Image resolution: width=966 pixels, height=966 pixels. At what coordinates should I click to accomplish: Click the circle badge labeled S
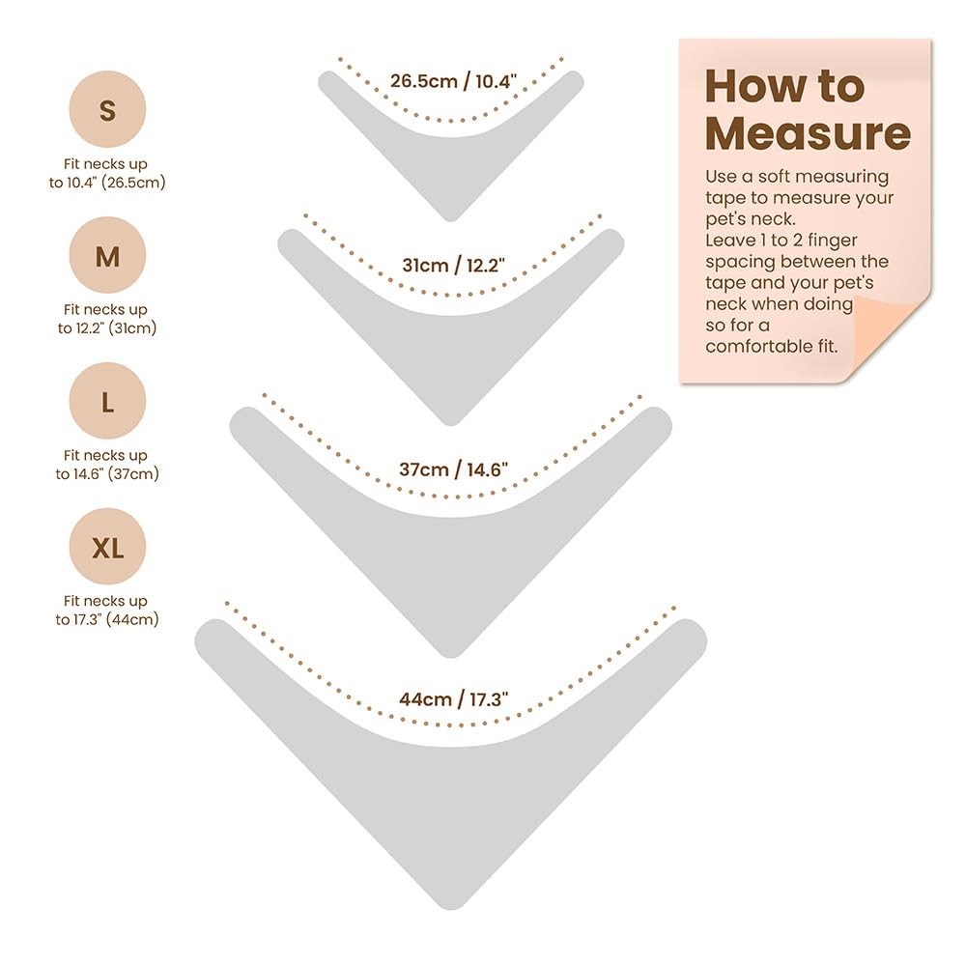point(107,109)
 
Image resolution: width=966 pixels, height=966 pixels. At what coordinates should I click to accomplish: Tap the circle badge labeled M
point(107,254)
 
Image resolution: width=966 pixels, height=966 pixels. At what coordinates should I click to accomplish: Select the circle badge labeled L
point(107,401)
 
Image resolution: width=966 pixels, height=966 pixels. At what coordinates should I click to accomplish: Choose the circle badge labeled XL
point(107,547)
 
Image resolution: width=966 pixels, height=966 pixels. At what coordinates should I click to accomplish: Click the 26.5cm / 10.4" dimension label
point(453,81)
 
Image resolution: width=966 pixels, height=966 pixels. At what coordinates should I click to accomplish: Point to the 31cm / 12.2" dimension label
point(453,265)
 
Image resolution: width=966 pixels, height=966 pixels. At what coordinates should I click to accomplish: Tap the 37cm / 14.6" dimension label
point(453,469)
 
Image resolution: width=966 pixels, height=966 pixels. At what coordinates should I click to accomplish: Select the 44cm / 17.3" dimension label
point(453,699)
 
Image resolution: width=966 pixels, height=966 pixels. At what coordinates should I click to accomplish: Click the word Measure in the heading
point(808,133)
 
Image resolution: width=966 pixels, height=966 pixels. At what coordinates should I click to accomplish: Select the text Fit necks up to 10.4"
point(107,173)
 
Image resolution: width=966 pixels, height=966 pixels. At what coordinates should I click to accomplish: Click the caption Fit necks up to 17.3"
point(107,610)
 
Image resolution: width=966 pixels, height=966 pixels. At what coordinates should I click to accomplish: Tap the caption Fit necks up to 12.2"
point(107,319)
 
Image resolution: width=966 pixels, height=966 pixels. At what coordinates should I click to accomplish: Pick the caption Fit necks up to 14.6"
point(107,465)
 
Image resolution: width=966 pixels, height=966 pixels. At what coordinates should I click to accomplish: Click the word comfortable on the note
point(760,346)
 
